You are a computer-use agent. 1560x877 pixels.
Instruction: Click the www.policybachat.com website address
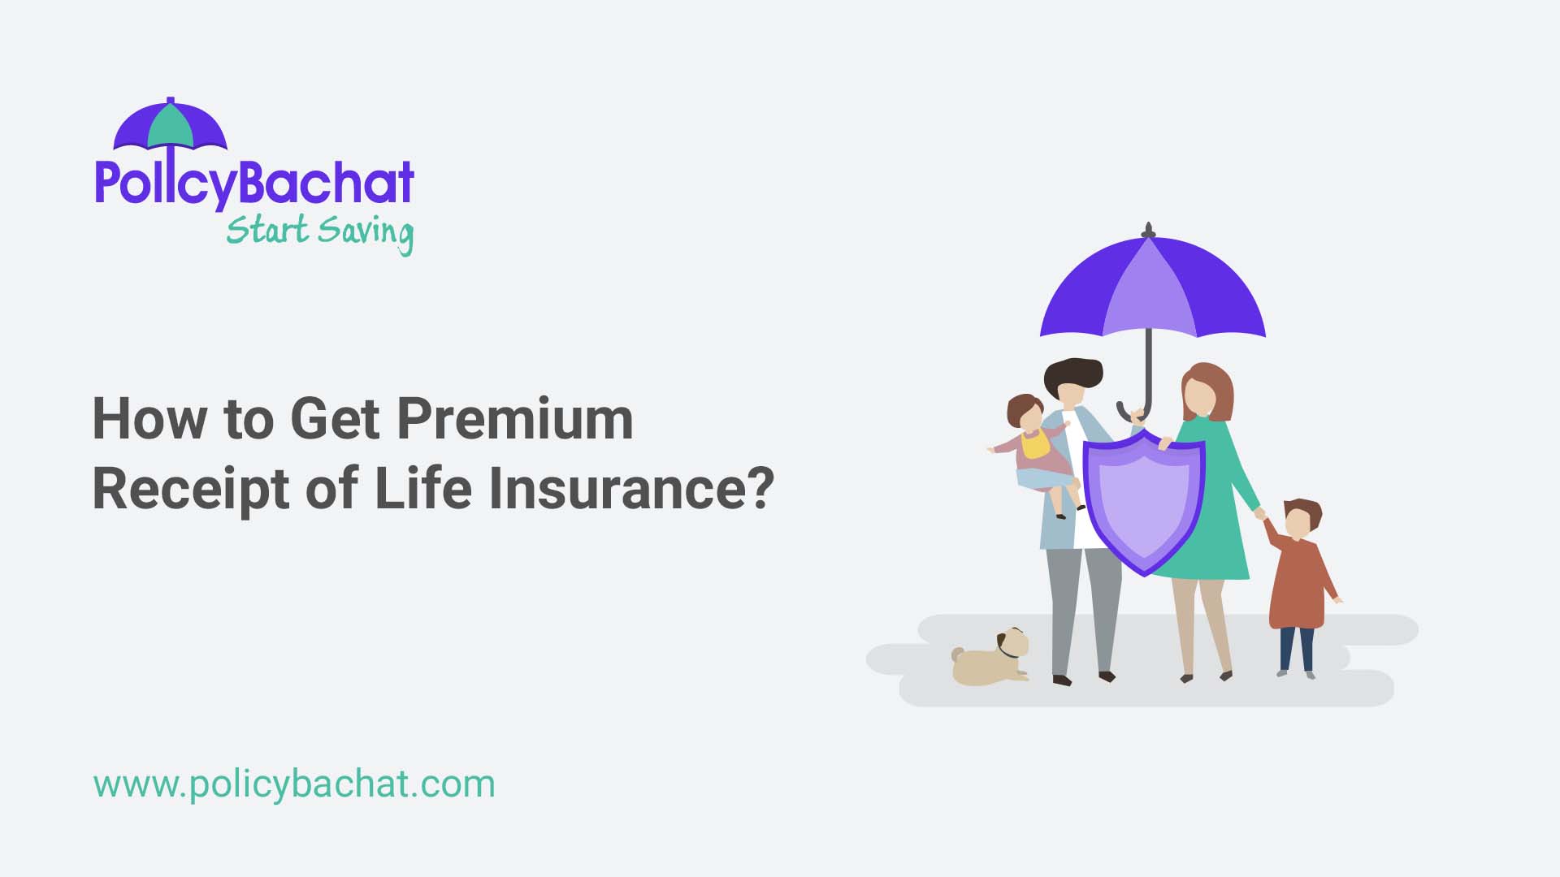pos(294,784)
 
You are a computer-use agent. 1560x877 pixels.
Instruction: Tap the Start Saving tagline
pos(319,232)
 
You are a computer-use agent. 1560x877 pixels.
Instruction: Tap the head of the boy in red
pos(1301,517)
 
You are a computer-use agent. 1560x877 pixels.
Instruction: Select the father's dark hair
pos(1072,374)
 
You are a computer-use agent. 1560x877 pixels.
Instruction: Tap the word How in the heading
pos(149,419)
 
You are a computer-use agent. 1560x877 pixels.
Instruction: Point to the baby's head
pos(1025,413)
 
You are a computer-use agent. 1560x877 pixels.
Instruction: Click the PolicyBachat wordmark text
pos(254,184)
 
